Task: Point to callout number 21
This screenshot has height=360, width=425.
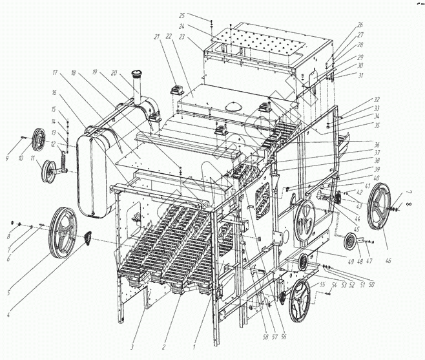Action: [157, 37]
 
